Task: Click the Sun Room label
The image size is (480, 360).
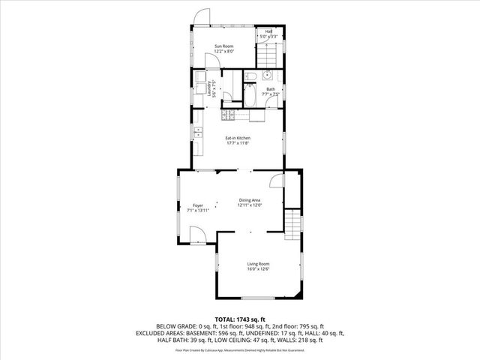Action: [x=224, y=46]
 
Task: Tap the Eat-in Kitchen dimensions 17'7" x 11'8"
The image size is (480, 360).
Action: [x=238, y=143]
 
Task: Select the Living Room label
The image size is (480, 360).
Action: [x=259, y=263]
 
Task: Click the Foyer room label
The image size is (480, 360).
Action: [x=198, y=205]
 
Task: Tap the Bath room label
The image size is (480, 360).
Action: [x=271, y=88]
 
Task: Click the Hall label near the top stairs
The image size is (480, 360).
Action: [x=268, y=31]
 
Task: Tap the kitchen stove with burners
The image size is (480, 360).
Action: [x=228, y=115]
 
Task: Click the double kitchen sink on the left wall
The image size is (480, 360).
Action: [x=198, y=133]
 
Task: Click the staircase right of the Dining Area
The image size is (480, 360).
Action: [x=292, y=223]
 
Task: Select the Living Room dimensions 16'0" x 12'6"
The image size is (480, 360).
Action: [x=259, y=269]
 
